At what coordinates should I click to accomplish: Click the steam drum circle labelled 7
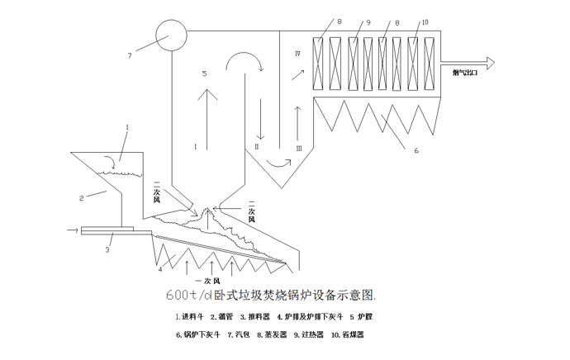pyautogui.click(x=171, y=34)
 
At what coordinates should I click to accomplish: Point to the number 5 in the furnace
pyautogui.click(x=204, y=74)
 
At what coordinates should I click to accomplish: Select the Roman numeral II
pyautogui.click(x=257, y=146)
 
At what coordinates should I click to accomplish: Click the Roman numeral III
pyautogui.click(x=299, y=148)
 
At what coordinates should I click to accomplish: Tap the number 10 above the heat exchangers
pyautogui.click(x=425, y=23)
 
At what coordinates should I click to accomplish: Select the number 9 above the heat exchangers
pyautogui.click(x=368, y=23)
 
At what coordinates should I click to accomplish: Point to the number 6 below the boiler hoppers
pyautogui.click(x=416, y=150)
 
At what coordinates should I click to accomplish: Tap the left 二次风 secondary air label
pyautogui.click(x=157, y=192)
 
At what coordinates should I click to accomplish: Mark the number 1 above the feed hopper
pyautogui.click(x=127, y=127)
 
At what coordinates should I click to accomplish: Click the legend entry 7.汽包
pyautogui.click(x=240, y=334)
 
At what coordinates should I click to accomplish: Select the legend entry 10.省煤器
pyautogui.click(x=348, y=334)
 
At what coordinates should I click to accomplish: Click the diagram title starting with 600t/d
pyautogui.click(x=270, y=295)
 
